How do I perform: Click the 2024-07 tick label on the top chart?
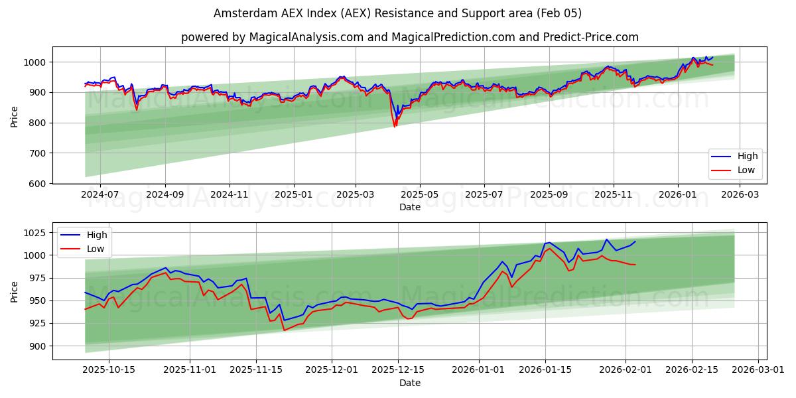99,194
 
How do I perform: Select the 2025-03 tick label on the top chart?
356,194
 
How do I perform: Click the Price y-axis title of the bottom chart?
15,291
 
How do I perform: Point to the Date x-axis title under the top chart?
409,207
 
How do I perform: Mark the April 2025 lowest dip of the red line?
395,126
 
